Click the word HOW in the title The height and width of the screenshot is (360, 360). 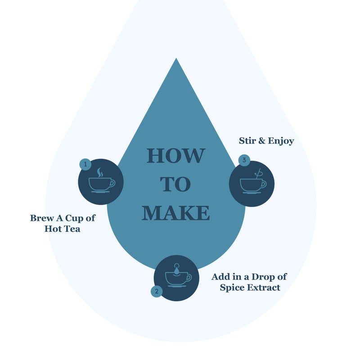click(176, 156)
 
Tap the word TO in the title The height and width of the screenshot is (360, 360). click(175, 184)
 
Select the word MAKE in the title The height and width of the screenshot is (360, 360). click(175, 213)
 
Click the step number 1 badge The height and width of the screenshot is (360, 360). click(85, 164)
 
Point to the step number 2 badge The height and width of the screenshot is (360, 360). click(157, 291)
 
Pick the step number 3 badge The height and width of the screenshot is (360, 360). click(244, 160)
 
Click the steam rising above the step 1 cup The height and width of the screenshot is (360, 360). click(99, 172)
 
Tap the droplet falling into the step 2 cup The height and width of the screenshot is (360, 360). click(176, 269)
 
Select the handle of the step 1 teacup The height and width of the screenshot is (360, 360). click(112, 183)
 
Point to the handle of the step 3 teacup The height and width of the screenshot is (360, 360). click(264, 184)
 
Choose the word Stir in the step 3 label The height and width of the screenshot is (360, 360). click(247, 141)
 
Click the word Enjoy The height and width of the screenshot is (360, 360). click(281, 141)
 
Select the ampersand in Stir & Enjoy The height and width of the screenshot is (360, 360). click(262, 141)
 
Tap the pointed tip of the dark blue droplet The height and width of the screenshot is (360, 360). click(176, 58)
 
